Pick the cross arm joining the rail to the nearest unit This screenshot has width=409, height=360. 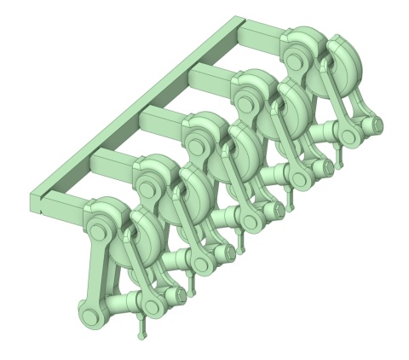point(68,204)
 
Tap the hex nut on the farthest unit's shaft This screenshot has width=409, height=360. point(373,125)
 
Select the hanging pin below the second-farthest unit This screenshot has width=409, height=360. point(290,200)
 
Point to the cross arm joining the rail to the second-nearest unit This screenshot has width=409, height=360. point(115,162)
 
